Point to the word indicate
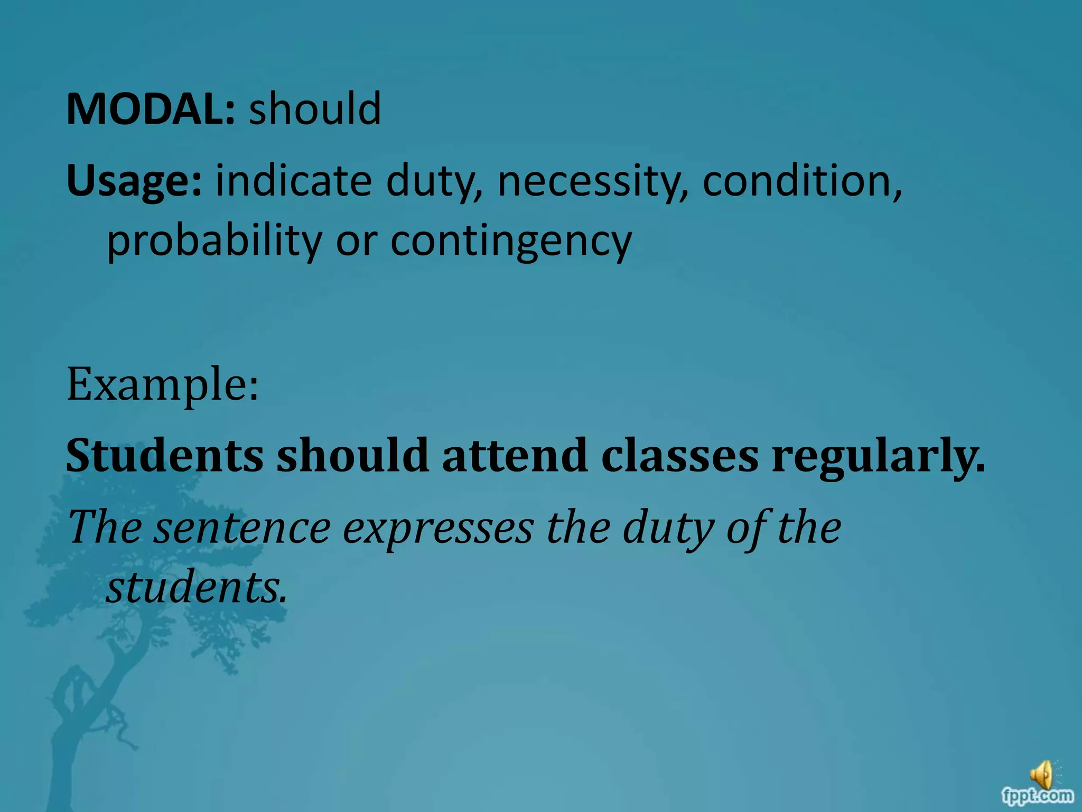293,181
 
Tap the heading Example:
163,385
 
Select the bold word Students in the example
164,455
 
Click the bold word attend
515,455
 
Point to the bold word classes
679,455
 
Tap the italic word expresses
438,528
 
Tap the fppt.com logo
1037,795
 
